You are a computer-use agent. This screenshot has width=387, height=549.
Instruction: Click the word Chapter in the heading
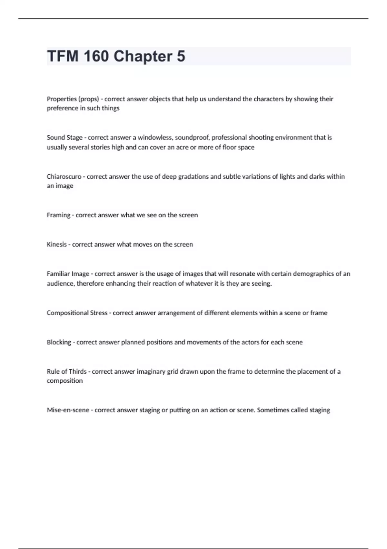[143, 56]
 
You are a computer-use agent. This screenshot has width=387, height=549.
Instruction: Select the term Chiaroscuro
[64, 176]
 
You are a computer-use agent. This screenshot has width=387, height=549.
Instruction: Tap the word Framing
[58, 215]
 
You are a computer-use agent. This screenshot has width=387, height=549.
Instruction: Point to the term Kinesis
[56, 244]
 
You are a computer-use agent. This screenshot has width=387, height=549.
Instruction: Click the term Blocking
[59, 342]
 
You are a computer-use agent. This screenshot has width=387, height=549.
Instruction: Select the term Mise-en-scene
[68, 410]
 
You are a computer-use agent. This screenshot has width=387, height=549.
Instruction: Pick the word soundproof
[192, 137]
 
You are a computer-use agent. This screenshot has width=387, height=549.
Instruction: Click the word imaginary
[151, 371]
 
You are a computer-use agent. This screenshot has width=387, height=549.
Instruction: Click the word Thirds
[78, 371]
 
